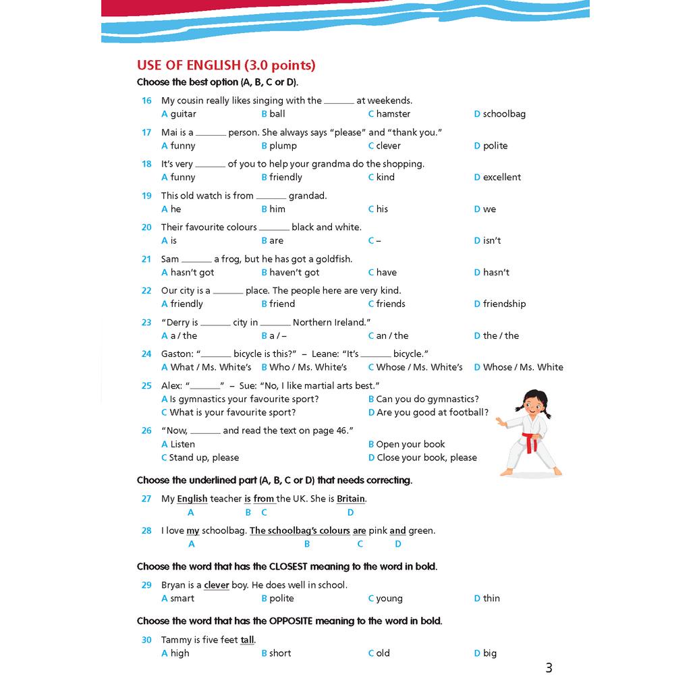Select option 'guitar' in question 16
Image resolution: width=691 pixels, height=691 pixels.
point(182,114)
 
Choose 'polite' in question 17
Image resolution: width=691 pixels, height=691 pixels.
point(495,146)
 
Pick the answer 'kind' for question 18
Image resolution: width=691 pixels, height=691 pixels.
point(385,177)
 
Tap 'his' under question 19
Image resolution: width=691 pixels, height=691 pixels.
point(381,209)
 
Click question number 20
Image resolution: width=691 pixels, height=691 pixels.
point(146,227)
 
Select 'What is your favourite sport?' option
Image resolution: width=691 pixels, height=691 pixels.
point(232,412)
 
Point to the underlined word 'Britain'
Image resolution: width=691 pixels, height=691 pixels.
point(351,499)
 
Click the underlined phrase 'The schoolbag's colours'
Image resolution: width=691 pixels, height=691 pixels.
point(300,531)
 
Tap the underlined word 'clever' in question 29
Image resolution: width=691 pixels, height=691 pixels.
point(217,586)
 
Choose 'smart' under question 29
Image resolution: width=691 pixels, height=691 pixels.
point(182,599)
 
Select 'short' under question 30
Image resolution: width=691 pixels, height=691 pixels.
point(279,653)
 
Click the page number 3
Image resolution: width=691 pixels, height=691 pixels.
point(549,668)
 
